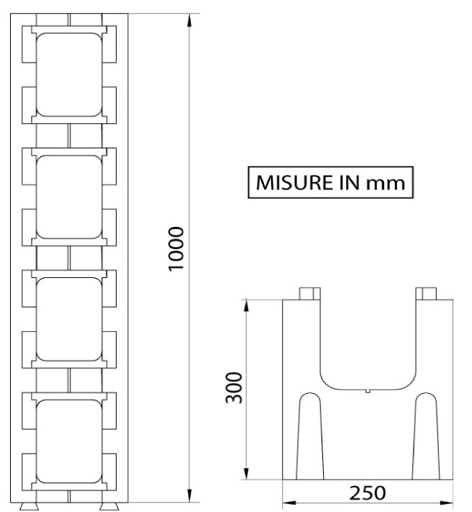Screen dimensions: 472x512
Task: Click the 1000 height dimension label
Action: click(176, 249)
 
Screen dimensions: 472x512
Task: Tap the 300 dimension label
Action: click(234, 387)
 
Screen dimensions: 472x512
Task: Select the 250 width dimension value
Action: click(367, 493)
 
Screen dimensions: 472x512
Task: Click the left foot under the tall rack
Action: click(29, 506)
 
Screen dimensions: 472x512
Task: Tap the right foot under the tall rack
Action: click(109, 506)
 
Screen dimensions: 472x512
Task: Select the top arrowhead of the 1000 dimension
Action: click(189, 21)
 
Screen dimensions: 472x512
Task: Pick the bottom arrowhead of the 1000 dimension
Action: click(189, 495)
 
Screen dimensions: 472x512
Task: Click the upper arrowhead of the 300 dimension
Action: click(246, 306)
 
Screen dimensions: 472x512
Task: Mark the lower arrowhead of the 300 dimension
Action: click(246, 472)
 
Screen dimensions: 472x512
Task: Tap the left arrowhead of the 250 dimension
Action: click(290, 503)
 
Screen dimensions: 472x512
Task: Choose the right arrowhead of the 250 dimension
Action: click(446, 503)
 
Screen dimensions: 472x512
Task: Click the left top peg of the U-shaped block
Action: click(310, 294)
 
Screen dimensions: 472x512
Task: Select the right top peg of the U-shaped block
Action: click(426, 294)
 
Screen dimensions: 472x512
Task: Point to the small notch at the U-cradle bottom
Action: click(368, 391)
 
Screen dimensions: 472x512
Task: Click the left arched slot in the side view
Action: click(310, 436)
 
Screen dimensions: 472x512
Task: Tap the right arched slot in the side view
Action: click(426, 436)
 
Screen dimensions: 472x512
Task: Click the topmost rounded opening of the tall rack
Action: click(69, 75)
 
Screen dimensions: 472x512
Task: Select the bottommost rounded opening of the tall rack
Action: click(69, 441)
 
